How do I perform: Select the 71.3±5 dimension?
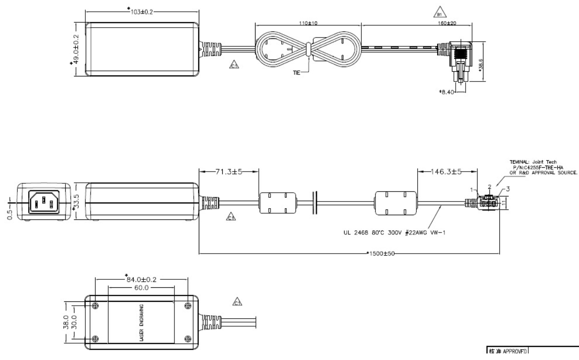pos(228,172)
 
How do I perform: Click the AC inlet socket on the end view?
pos(43,203)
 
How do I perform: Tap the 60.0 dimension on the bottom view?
pos(140,288)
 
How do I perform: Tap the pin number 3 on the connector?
pos(506,189)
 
